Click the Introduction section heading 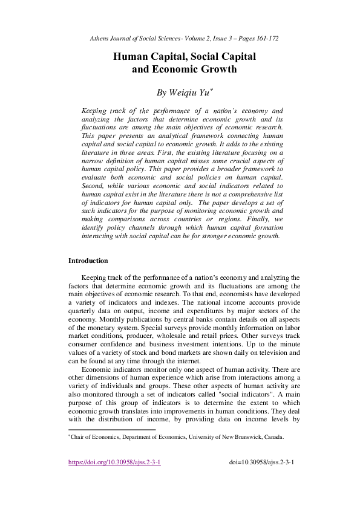coord(88,261)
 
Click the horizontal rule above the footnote coord(112,430)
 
